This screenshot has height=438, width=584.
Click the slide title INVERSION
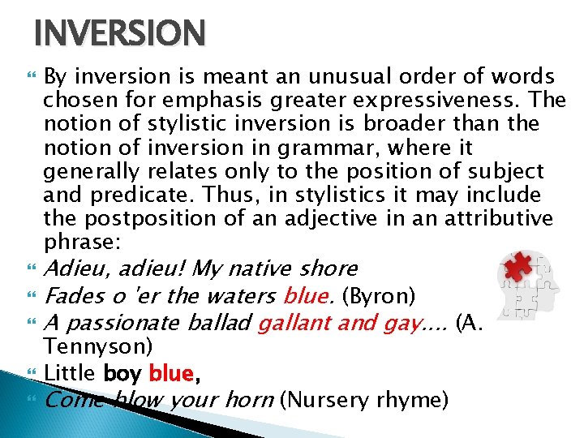pyautogui.click(x=120, y=34)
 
